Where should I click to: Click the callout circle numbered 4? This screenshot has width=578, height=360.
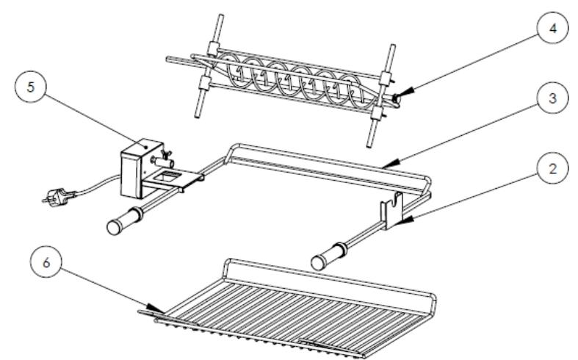coord(552,28)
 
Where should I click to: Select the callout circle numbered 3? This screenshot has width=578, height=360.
coord(552,98)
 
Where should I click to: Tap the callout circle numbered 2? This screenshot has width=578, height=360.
coord(552,168)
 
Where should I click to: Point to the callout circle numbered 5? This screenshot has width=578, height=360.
coord(31,87)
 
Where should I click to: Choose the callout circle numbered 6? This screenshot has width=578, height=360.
coord(46,262)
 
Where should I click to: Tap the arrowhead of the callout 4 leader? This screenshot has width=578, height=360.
coord(402,94)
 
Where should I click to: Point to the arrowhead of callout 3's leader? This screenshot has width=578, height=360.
coord(391,163)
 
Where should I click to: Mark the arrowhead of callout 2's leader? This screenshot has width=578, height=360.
coord(403,220)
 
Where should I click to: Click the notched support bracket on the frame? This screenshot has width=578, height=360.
coord(392,211)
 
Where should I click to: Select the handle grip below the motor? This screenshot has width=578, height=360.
coord(124,220)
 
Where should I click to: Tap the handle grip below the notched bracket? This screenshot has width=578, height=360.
coord(329,256)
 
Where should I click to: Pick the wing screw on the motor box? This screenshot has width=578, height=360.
coord(165,153)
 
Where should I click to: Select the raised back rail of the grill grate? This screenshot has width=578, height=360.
coord(328,279)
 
